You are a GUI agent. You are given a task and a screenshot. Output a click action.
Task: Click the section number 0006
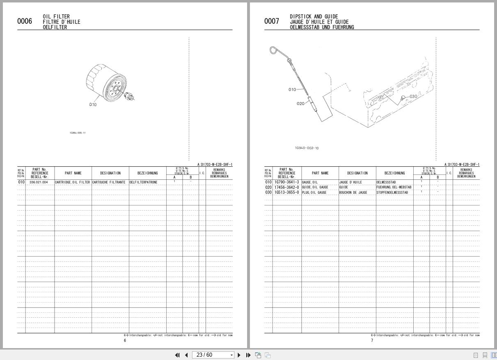coord(25,21)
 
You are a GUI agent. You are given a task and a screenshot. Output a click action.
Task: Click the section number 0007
coord(272,21)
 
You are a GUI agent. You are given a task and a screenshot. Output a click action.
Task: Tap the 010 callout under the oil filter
coord(93,105)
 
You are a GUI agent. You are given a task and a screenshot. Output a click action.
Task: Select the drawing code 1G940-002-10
coord(307,148)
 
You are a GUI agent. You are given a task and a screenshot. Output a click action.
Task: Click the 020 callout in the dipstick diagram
coord(300,103)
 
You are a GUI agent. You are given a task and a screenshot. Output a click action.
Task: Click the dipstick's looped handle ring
coord(274,51)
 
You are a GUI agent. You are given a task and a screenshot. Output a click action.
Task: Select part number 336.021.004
coord(39,182)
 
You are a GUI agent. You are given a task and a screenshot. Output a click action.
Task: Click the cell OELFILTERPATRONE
coord(143,182)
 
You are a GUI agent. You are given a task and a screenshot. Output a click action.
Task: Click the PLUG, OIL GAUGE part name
coord(314,193)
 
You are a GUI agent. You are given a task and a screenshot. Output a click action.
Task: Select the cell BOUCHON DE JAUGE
coord(353,193)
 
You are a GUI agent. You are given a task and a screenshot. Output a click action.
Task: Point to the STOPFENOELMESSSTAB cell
coord(392,193)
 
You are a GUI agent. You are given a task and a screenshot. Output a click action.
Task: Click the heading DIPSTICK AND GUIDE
coord(314,17)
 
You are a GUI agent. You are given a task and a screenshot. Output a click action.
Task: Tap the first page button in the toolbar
coord(177,355)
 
